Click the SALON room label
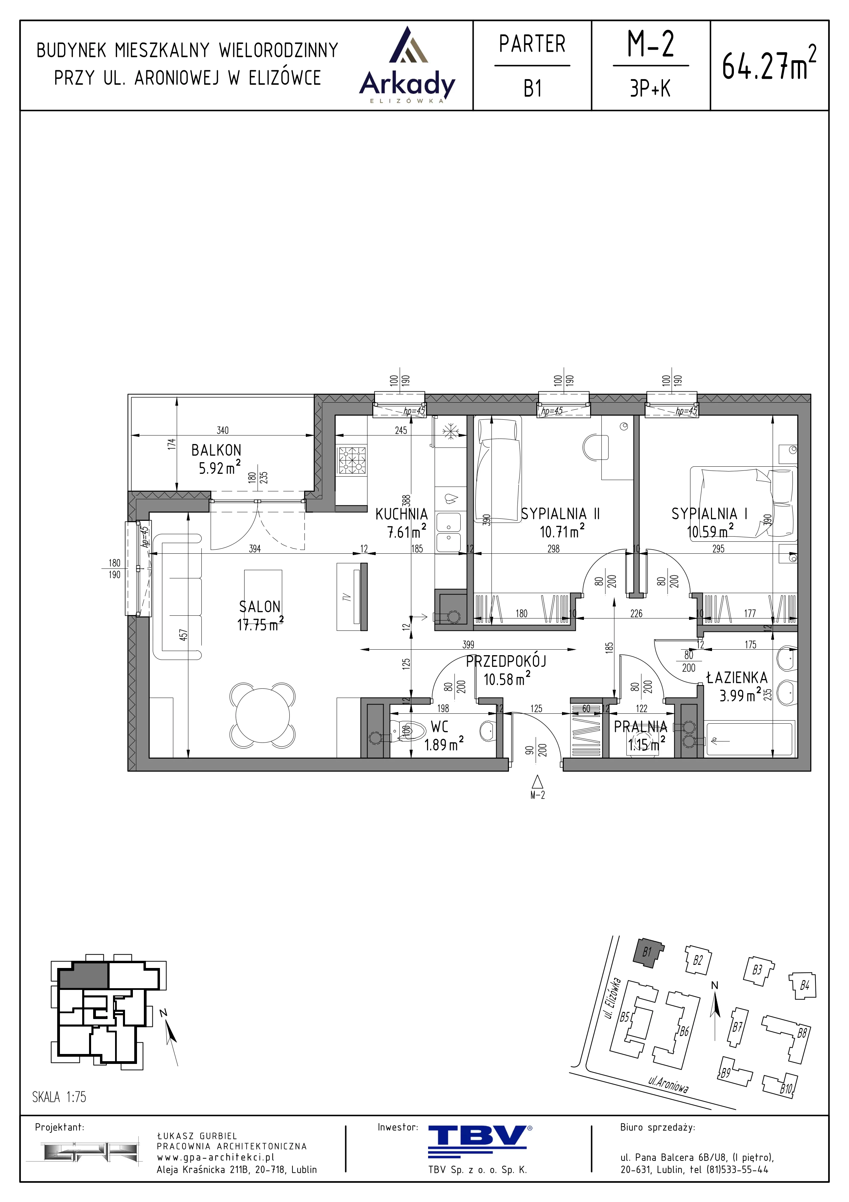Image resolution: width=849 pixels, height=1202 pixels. [260, 607]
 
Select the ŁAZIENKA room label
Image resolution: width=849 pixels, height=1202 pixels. [737, 678]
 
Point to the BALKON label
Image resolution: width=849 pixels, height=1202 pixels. [216, 450]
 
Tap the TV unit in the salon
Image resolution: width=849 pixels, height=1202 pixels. [351, 596]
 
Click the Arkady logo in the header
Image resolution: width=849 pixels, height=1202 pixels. [408, 65]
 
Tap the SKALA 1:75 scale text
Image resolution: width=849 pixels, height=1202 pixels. [59, 1097]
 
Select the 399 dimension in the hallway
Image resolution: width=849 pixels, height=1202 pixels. [468, 645]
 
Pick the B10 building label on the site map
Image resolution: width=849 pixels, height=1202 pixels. [786, 1089]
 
